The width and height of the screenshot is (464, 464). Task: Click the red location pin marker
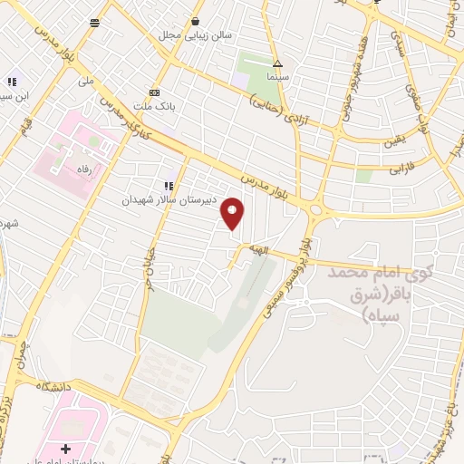(x=233, y=214)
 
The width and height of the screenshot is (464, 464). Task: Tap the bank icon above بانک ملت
(x=155, y=92)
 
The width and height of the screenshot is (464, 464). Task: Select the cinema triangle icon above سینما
(x=277, y=64)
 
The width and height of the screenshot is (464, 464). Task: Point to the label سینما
(x=278, y=78)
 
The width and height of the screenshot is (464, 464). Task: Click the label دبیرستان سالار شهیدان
(x=166, y=199)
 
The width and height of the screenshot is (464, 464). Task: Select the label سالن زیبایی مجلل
(x=197, y=35)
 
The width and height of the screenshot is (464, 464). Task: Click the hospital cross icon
(x=64, y=449)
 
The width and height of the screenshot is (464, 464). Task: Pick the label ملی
(x=87, y=81)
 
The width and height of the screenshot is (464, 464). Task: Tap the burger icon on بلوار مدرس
(x=94, y=23)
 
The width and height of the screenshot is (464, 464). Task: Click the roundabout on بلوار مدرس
(x=316, y=210)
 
